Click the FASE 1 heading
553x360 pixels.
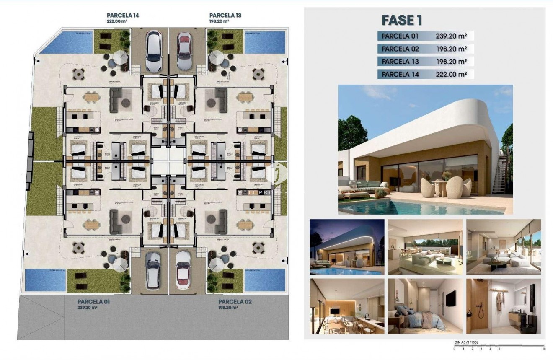tap(402, 20)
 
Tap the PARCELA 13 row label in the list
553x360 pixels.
tap(400, 62)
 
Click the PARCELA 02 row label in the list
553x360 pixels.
tap(400, 49)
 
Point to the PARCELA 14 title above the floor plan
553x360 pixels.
tap(123, 16)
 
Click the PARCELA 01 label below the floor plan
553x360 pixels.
tap(93, 301)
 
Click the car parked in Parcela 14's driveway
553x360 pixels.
tap(154, 52)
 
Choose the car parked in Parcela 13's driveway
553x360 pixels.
tap(184, 51)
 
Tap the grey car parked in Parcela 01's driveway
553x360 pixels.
tap(153, 270)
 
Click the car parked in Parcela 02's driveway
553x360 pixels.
tap(183, 270)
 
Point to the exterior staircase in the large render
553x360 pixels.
tap(500, 176)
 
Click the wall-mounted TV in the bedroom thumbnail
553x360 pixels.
tap(450, 298)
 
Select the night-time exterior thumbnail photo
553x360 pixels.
tap(347, 247)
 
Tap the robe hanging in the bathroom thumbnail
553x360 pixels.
tap(499, 301)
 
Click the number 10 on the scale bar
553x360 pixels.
tap(544, 349)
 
